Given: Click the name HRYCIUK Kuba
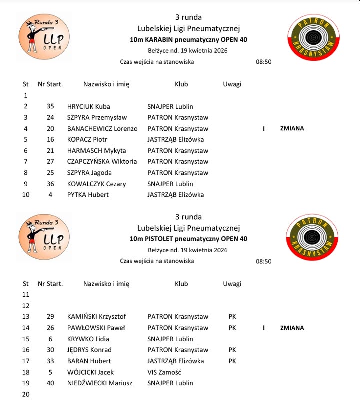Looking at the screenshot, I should [89, 106].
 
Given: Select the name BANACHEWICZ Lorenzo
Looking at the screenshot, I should [102, 128].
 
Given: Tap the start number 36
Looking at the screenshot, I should [50, 184].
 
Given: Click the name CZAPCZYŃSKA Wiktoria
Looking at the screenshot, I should [102, 161].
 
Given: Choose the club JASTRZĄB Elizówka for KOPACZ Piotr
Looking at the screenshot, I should [175, 139].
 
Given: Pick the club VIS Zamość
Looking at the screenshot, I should [164, 372].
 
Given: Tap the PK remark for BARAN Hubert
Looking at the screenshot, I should [232, 361].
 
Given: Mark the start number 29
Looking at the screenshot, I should [50, 316].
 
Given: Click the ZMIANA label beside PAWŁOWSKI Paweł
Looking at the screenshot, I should [292, 328].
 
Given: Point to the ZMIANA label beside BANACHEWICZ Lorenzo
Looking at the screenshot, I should [292, 128].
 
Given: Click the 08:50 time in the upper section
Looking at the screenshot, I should [263, 62].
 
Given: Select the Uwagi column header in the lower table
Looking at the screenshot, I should [232, 284].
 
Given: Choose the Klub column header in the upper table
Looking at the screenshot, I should [181, 84].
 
